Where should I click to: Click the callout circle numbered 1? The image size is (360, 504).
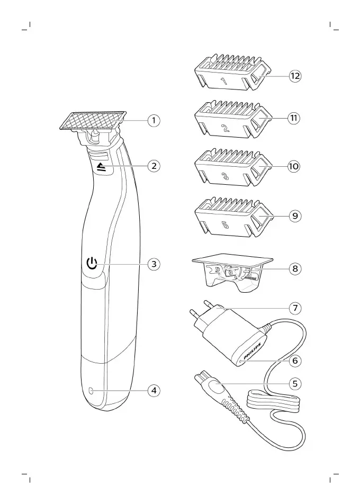click(x=154, y=121)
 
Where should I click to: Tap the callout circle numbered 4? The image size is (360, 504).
click(x=154, y=391)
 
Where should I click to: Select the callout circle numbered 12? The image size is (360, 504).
click(x=295, y=76)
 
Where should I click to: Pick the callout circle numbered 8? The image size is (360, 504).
click(x=295, y=269)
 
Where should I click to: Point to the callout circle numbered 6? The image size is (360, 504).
click(x=295, y=361)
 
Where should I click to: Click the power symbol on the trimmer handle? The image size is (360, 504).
click(x=93, y=263)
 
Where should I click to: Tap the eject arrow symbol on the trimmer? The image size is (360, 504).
click(x=101, y=167)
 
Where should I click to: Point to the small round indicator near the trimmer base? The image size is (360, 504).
click(x=91, y=391)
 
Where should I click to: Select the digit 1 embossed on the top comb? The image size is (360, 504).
click(x=223, y=82)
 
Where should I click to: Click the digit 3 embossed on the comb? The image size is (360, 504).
click(x=224, y=177)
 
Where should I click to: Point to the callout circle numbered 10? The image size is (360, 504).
click(x=294, y=167)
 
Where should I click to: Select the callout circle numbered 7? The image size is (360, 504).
click(x=295, y=308)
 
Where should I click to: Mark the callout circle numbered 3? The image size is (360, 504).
click(x=154, y=264)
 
